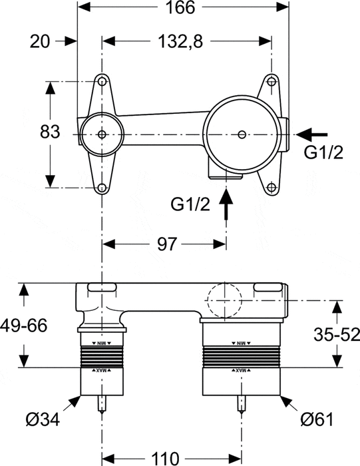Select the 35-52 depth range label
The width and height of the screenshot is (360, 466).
coord(335,333)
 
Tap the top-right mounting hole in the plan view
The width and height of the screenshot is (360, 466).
coord(271,81)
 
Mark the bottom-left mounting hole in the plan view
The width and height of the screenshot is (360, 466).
coord(102,188)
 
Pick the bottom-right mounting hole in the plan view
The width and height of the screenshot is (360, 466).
coord(271,188)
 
